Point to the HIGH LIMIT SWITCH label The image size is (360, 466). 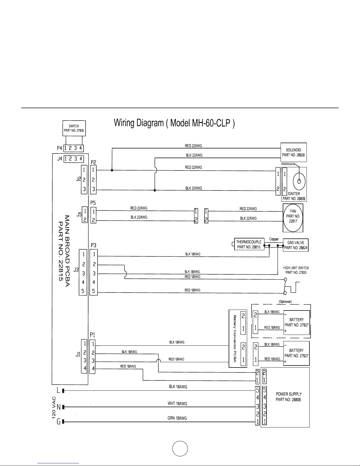pos(296,268)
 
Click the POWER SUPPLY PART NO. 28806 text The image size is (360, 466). pos(288,397)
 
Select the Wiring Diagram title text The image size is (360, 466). pos(174,123)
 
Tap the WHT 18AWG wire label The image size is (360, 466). pos(177,403)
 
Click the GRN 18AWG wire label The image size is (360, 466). pos(177,418)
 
